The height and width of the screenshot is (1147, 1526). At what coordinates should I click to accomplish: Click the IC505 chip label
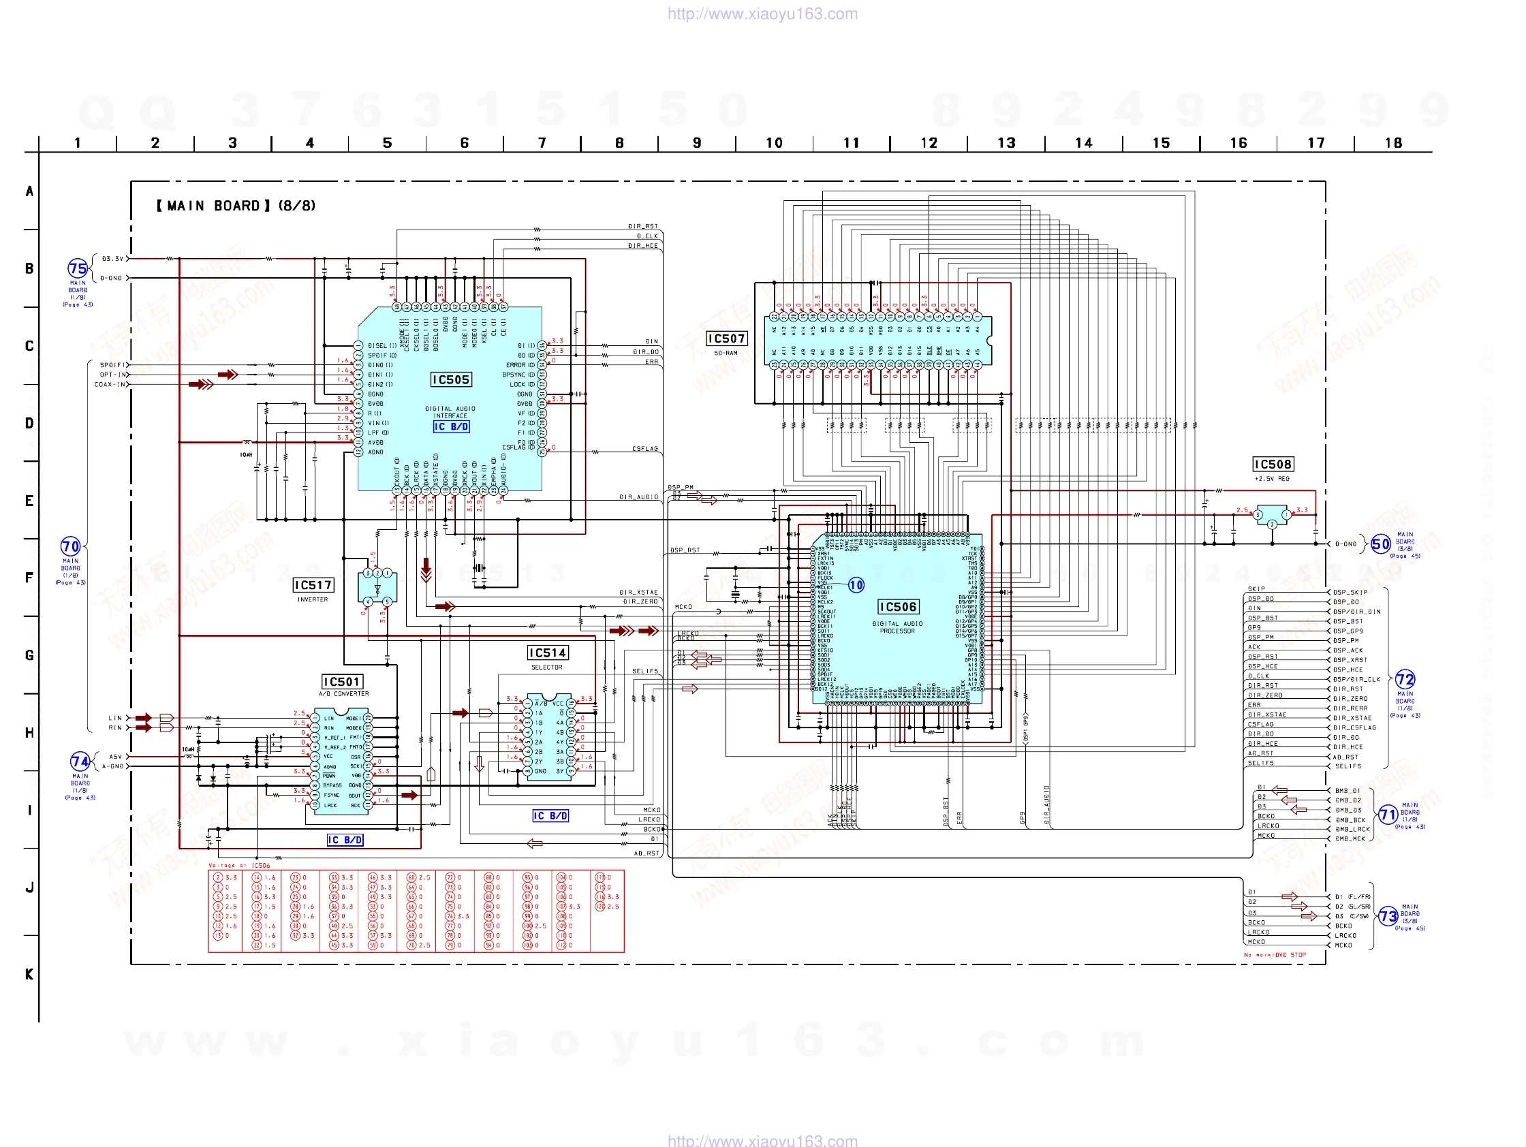pos(450,380)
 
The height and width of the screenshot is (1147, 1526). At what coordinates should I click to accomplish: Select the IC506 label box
pos(897,607)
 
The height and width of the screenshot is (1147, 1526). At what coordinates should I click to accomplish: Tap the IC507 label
pos(726,339)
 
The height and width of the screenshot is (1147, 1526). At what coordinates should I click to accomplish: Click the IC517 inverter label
pos(313,586)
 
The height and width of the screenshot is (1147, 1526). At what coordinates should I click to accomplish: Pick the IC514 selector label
pos(547,653)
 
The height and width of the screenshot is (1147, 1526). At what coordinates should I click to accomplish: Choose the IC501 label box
pos(343,682)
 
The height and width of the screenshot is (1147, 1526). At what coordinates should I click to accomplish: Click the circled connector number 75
pos(77,268)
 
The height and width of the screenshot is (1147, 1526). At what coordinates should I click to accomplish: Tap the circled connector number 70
pos(70,547)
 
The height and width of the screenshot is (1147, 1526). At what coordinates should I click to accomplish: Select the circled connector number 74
pos(80,761)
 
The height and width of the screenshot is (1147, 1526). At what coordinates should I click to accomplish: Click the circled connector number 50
pos(1380,544)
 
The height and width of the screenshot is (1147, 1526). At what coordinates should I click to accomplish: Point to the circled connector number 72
pos(1405,679)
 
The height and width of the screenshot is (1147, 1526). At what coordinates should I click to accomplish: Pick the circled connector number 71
pos(1388,815)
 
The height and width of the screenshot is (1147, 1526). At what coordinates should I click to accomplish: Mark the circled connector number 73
pos(1388,917)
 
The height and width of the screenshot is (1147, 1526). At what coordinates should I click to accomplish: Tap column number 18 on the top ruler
pos(1393,143)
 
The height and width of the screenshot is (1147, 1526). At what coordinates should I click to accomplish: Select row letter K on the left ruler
pos(29,974)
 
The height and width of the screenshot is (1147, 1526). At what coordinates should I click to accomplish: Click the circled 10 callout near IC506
pos(856,586)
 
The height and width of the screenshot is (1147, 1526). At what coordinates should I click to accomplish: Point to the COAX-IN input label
pos(110,385)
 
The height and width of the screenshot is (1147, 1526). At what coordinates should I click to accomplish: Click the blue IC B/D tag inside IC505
pos(451,427)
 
